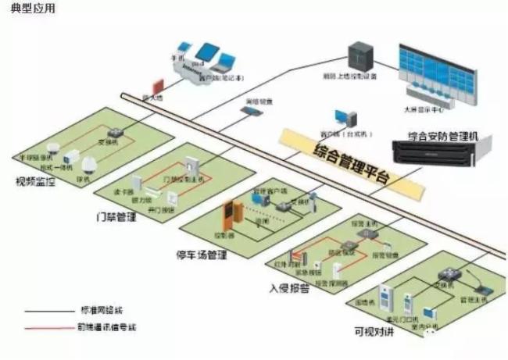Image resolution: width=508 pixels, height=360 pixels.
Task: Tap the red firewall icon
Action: [156, 84]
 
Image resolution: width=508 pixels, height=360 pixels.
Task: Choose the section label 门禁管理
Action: [120, 216]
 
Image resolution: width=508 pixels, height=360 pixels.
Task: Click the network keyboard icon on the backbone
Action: [250, 112]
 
